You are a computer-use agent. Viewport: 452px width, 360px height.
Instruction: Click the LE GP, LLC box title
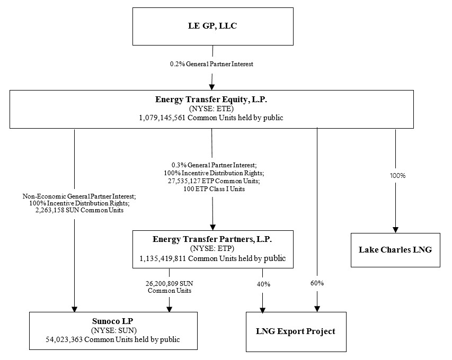click(212, 26)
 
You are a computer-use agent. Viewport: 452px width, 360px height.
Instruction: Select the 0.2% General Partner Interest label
click(211, 64)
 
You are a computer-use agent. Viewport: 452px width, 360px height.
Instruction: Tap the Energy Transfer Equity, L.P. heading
click(211, 99)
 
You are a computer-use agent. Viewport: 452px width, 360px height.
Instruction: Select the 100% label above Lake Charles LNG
click(395, 175)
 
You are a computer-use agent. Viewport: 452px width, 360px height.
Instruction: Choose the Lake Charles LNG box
click(395, 249)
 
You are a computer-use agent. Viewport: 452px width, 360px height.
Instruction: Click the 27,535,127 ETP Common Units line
click(212, 181)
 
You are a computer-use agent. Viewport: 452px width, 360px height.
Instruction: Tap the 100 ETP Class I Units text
click(212, 188)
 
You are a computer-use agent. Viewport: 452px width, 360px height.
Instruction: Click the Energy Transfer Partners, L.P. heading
click(212, 239)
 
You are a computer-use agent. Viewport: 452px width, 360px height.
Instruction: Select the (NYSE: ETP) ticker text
click(212, 248)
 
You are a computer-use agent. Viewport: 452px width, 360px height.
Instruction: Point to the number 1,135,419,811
click(163, 258)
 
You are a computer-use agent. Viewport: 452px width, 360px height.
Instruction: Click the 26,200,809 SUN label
click(170, 283)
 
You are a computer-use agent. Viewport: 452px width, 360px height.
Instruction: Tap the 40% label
click(263, 284)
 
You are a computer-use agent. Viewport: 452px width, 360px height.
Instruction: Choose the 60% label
click(317, 283)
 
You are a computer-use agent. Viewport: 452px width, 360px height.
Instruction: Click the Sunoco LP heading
click(112, 321)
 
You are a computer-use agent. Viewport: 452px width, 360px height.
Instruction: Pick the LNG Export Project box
click(296, 331)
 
